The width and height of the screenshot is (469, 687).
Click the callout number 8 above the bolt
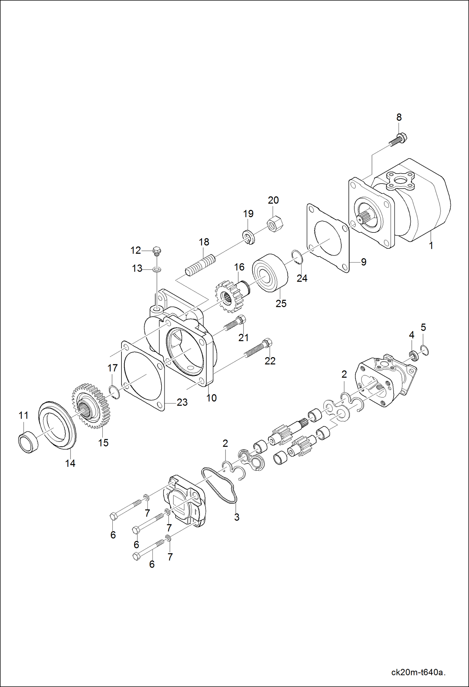399,117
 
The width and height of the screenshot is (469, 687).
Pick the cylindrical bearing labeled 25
270,273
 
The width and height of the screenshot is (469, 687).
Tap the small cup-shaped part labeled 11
28,442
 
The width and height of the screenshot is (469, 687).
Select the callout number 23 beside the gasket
182,402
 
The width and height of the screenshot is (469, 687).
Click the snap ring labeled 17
114,393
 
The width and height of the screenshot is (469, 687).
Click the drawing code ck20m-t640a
418,672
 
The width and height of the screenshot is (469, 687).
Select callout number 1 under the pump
431,246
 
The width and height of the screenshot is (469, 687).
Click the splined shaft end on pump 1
363,217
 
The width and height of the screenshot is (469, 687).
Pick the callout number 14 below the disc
70,463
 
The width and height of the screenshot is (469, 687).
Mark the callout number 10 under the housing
211,398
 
